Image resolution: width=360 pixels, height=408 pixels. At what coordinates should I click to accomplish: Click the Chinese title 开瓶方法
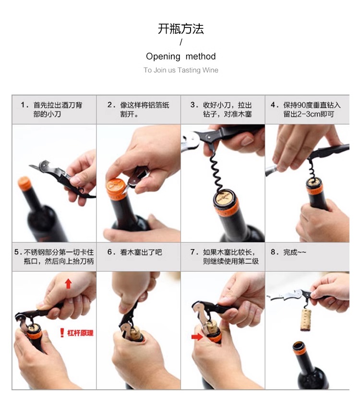pos(180,29)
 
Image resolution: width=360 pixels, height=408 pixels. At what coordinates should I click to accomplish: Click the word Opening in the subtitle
pos(163,57)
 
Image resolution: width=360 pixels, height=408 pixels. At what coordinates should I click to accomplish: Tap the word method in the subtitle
pos(201,56)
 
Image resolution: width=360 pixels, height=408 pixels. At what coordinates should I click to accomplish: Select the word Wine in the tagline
pos(210,70)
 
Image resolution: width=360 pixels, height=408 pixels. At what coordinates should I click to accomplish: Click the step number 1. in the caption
pos(24,105)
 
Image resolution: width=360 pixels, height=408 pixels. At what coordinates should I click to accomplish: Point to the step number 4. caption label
pos(274,105)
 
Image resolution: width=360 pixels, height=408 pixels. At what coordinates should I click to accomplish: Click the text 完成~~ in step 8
pos(294,252)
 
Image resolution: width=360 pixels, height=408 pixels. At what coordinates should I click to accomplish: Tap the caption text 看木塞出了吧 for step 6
pos(141,252)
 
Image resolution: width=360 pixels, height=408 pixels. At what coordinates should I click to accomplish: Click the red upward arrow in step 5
pos(69,284)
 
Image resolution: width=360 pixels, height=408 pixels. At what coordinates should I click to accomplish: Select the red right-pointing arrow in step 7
pos(197,337)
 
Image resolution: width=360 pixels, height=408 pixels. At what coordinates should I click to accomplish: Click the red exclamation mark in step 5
pos(62,333)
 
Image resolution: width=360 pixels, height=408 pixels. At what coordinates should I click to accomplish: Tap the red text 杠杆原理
pos(80,333)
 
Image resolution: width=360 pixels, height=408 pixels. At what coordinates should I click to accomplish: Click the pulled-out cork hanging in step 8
pos(306,320)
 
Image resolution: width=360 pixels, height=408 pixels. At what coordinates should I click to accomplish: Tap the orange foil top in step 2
pos(116,187)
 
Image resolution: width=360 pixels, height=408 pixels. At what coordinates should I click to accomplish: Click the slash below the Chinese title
pos(181,42)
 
